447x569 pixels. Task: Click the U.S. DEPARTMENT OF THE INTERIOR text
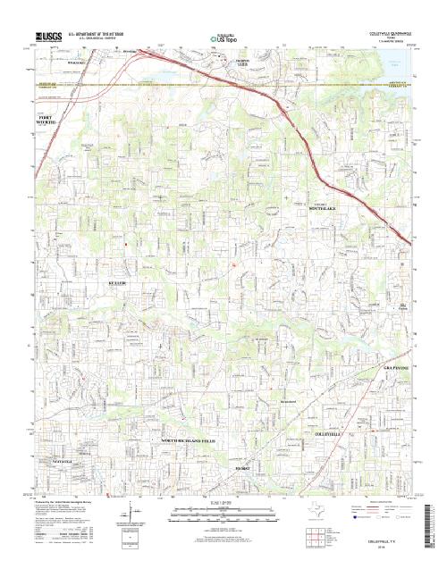tap(102, 32)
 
